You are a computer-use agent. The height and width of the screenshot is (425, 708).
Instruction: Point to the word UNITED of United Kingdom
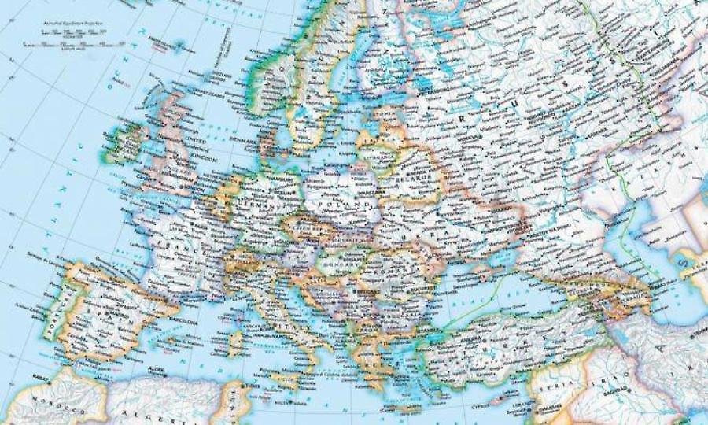(x=193, y=139)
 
